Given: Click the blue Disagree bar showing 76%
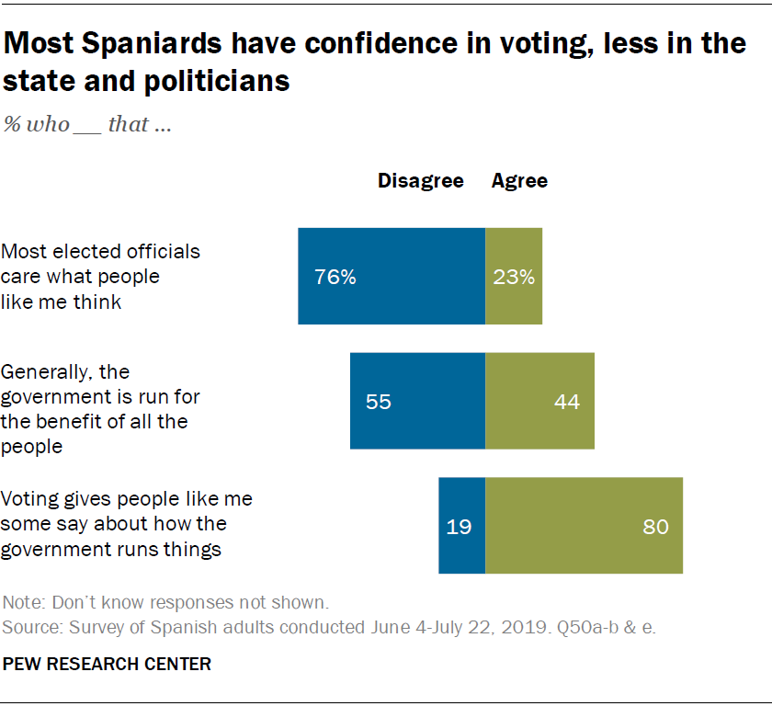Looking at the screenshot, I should point(392,277).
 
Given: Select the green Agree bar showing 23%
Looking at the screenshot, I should point(514,277).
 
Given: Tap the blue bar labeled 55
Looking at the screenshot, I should point(417,401).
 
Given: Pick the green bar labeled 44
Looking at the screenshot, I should point(539,401).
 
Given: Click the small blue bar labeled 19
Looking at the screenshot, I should point(461,526).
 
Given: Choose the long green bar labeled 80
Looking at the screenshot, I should point(584,526).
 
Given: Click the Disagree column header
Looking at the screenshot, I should point(421,181).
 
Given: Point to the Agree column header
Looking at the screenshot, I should point(519,181).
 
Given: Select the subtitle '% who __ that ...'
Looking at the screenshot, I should point(87,124).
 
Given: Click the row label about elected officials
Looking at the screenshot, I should point(101,276).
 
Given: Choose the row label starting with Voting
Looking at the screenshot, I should point(126,525).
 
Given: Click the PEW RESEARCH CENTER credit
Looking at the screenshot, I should point(108,663).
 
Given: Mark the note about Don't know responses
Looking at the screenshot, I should point(165,604).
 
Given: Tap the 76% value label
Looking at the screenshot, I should point(335,277).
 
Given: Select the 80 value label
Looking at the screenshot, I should point(656,527).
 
